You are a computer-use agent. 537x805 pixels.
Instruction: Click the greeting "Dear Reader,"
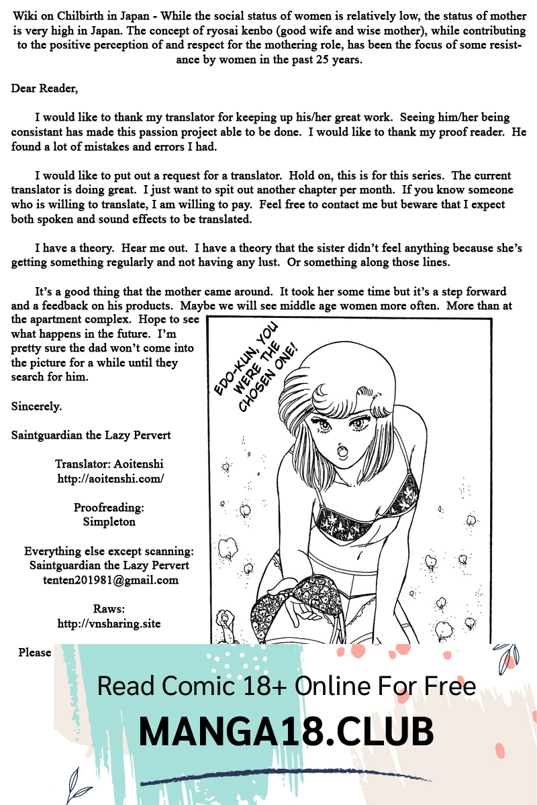[x=44, y=89]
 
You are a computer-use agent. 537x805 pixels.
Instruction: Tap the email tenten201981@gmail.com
[x=110, y=580]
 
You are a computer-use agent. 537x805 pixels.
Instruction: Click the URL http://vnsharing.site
[x=109, y=623]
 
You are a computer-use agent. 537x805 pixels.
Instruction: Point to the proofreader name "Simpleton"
[x=109, y=521]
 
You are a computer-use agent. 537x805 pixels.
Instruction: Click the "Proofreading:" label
[x=109, y=507]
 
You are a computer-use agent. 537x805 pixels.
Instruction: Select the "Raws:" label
[x=109, y=609]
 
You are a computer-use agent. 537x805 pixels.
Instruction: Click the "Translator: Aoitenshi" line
[x=109, y=464]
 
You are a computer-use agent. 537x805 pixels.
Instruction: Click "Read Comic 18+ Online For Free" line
[x=287, y=686]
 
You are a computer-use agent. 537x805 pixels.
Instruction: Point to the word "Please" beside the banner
[x=35, y=653]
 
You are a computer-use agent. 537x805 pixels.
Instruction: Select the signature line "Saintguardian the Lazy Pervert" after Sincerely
[x=91, y=435]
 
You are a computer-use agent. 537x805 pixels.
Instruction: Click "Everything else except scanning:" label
[x=109, y=551]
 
